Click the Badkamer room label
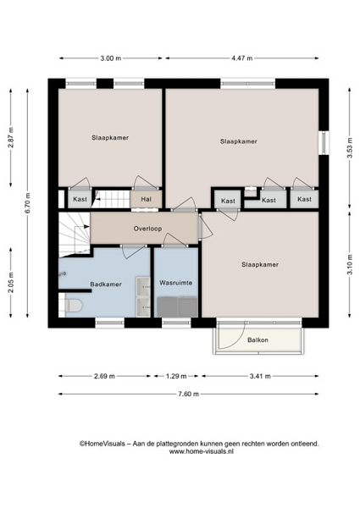[x=106, y=284]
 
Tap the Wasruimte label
[x=175, y=283]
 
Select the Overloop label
[x=147, y=229]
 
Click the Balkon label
[x=258, y=340]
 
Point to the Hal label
[x=147, y=199]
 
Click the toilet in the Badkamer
[x=74, y=305]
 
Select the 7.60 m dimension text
[x=188, y=395]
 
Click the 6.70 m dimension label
[x=28, y=203]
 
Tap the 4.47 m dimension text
[x=241, y=58]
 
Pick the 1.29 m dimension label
[x=176, y=377]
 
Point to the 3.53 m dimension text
[x=350, y=148]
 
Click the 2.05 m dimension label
[x=11, y=282]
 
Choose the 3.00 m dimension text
[x=110, y=58]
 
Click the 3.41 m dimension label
[x=260, y=377]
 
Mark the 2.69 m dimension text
[x=104, y=377]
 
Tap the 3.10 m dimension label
[x=350, y=264]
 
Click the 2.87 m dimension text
[x=11, y=138]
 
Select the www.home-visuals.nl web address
[x=202, y=451]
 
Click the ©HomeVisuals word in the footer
[x=102, y=444]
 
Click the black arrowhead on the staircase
[x=86, y=227]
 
